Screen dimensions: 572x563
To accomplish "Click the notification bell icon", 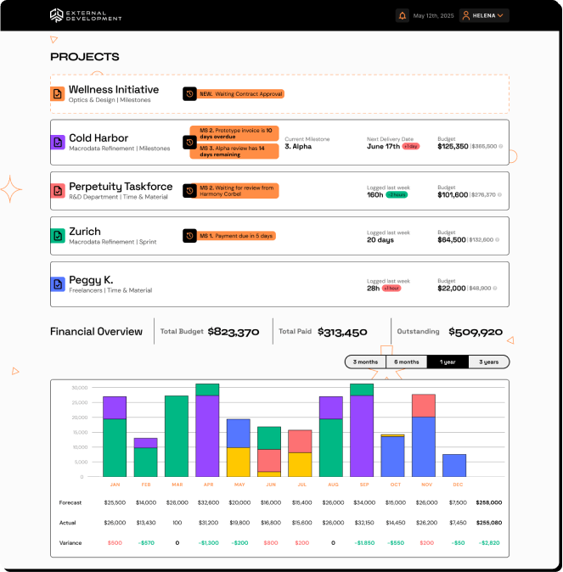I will coord(403,15).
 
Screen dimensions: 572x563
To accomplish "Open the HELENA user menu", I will coord(484,15).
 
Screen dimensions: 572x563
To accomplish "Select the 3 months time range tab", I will coord(365,362).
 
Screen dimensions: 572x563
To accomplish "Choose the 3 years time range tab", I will coord(489,362).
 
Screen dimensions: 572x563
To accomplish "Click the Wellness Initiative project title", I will coord(114,89).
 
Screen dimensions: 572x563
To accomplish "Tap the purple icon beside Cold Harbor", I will coord(58,143).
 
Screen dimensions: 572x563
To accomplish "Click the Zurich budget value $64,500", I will coord(452,239).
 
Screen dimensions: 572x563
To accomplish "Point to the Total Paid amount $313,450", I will coord(342,332).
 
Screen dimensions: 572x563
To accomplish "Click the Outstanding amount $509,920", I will coord(476,332).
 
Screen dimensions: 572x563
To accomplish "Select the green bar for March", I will coord(177,436).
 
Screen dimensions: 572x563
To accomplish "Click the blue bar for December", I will coord(454,465).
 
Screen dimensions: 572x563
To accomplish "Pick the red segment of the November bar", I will coord(424,406).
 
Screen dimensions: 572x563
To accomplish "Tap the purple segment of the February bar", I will coord(146,442).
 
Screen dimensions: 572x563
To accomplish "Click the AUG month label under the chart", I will coord(331,485).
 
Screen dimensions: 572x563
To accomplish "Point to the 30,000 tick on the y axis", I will coord(81,388).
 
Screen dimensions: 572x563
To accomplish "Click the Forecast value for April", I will coord(207,502).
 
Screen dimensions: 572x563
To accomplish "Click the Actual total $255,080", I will coord(488,523).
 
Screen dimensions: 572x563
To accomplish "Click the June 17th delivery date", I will coord(383,146).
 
